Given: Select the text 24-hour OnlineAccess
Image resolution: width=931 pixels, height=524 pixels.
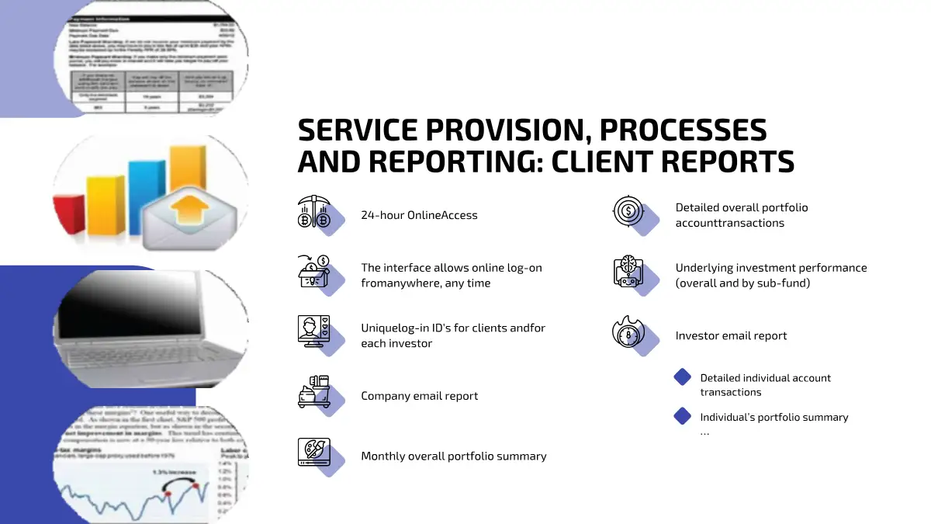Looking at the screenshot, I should point(419,215).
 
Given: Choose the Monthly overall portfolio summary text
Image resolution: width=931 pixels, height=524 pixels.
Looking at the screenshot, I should point(453,456).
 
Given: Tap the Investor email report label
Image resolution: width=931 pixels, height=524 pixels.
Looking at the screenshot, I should point(731,336).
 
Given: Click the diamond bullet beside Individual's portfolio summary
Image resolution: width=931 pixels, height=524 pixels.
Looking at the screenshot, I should point(683,416).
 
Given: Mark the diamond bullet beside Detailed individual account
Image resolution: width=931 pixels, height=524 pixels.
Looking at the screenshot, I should point(683,377).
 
